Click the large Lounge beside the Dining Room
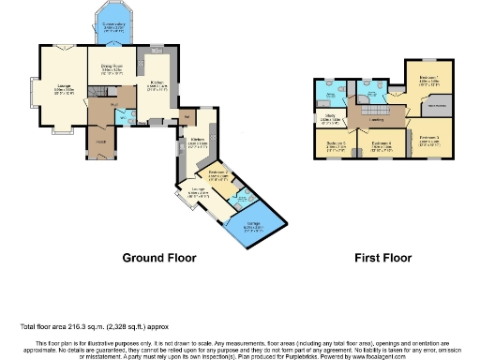62,91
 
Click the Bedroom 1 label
429,81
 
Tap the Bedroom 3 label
429,142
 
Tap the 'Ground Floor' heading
158,256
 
